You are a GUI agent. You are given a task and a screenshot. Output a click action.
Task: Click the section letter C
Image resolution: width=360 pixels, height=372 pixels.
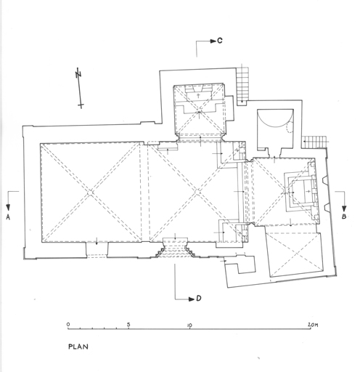pyautogui.click(x=219, y=41)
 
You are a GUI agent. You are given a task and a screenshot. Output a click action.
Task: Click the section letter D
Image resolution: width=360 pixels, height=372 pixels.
pyautogui.click(x=199, y=299)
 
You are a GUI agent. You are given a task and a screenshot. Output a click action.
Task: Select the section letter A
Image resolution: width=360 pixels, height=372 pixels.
pyautogui.click(x=8, y=217)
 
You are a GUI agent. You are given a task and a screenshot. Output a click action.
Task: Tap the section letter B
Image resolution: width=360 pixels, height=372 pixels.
pyautogui.click(x=344, y=217)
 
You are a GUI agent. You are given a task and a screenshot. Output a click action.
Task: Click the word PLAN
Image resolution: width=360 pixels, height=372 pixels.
pyautogui.click(x=78, y=347)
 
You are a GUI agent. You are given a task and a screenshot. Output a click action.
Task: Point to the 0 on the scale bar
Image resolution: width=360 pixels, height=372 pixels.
pyautogui.click(x=68, y=324)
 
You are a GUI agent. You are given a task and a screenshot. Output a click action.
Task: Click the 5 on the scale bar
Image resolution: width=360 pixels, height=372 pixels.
pyautogui.click(x=128, y=324)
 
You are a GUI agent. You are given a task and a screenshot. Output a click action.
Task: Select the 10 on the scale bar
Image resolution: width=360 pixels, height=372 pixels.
pyautogui.click(x=189, y=325)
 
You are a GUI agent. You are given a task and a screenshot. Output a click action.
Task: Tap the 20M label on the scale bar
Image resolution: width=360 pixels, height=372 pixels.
pyautogui.click(x=313, y=325)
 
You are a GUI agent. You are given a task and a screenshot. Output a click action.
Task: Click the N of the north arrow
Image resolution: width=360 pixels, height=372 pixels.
pyautogui.click(x=78, y=74)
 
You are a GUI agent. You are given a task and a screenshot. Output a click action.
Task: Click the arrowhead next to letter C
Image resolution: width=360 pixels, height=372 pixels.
pyautogui.click(x=213, y=41)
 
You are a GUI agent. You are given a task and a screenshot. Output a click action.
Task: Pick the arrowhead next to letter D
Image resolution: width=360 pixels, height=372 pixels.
pyautogui.click(x=192, y=299)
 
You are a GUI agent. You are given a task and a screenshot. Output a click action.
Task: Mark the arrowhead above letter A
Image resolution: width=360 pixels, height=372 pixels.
pyautogui.click(x=8, y=208)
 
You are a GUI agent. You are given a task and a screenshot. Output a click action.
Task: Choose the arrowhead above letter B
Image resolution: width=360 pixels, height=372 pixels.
pyautogui.click(x=344, y=209)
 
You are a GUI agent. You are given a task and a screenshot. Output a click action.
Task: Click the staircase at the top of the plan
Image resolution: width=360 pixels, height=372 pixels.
pyautogui.click(x=242, y=84)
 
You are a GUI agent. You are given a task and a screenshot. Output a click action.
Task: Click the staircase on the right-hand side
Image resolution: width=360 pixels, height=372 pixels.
pyautogui.click(x=315, y=142)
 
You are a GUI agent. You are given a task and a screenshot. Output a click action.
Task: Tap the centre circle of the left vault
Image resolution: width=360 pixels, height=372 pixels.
pyautogui.click(x=90, y=193)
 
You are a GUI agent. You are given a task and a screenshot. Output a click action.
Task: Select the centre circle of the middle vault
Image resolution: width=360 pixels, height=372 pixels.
pyautogui.click(x=197, y=193)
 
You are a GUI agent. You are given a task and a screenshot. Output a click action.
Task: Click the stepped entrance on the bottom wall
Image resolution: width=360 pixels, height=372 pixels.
pyautogui.click(x=175, y=248)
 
